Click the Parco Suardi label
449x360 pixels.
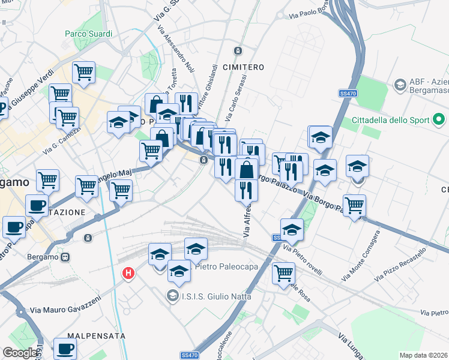[x=88, y=34]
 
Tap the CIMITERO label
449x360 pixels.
[x=244, y=67]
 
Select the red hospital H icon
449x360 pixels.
[x=128, y=274]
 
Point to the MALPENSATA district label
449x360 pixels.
[x=96, y=336]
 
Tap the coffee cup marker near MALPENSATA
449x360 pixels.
[x=65, y=349]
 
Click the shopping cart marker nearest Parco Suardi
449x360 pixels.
[x=83, y=73]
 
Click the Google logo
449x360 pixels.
[x=20, y=353]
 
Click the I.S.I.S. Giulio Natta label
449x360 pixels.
[x=212, y=295]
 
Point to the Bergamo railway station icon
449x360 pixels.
[x=65, y=257]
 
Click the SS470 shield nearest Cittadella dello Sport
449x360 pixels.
[x=348, y=94]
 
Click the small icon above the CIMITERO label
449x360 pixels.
[x=238, y=51]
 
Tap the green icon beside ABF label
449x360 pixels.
[x=399, y=86]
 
